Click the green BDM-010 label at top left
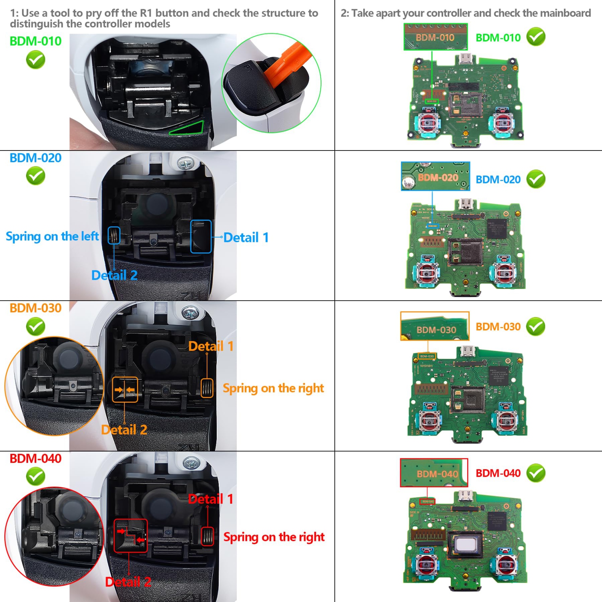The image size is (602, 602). [35, 41]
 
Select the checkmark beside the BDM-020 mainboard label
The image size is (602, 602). [536, 179]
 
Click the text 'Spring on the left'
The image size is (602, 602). [52, 236]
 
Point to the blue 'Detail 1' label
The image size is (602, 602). [246, 238]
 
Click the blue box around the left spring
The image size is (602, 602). [114, 235]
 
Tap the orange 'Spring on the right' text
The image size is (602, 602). [273, 388]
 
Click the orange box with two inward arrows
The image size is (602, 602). [125, 389]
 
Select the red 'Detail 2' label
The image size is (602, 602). [128, 582]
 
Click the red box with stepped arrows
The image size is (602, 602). [130, 535]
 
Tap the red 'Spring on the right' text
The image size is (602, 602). [274, 537]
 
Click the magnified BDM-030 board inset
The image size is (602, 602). [435, 326]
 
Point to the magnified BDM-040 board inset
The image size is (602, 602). [434, 473]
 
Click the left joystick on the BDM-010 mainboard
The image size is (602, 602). [429, 122]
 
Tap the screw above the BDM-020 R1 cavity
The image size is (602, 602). [186, 163]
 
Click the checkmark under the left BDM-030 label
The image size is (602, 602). [35, 326]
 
